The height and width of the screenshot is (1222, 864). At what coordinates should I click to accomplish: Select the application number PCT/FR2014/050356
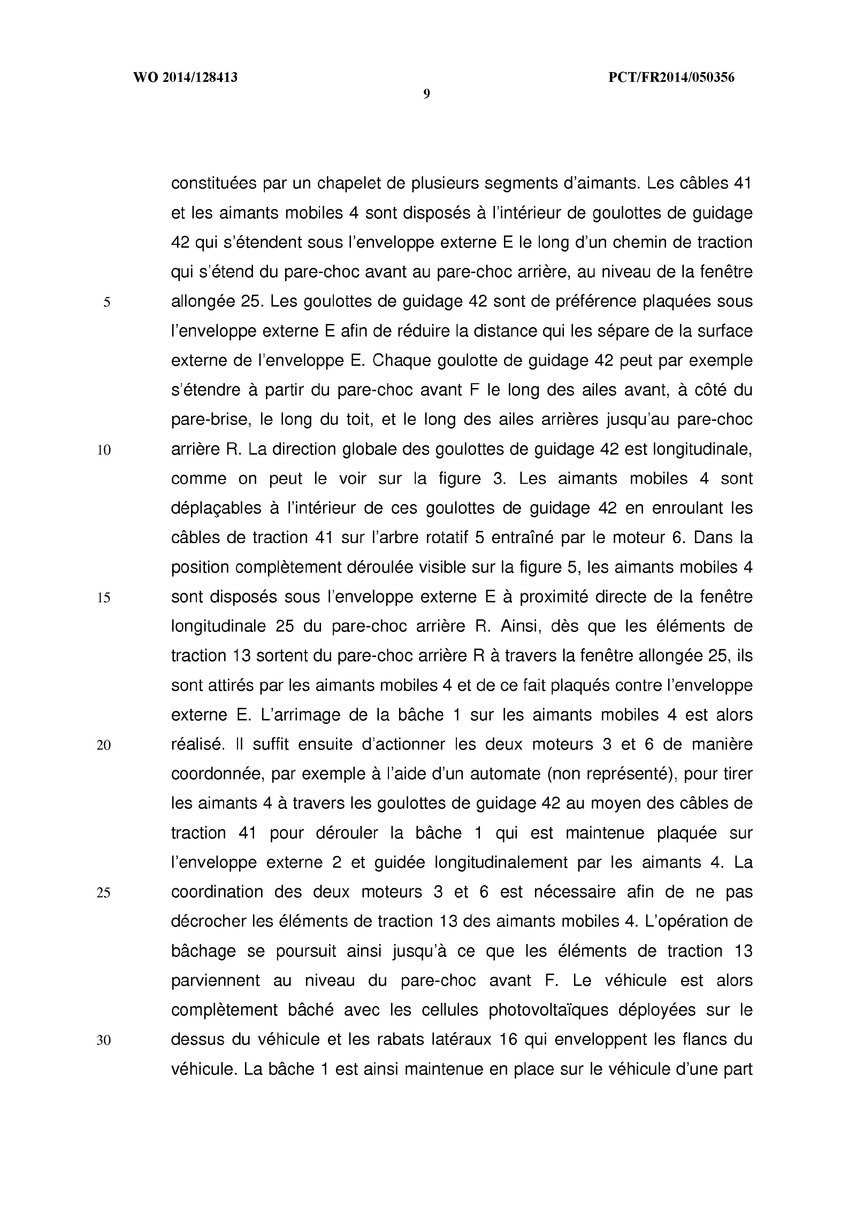(671, 78)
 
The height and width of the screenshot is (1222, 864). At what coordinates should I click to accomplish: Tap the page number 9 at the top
(426, 95)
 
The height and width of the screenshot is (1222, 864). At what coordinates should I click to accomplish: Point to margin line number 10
(104, 450)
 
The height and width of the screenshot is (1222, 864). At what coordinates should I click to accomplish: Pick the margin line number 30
(104, 1041)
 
